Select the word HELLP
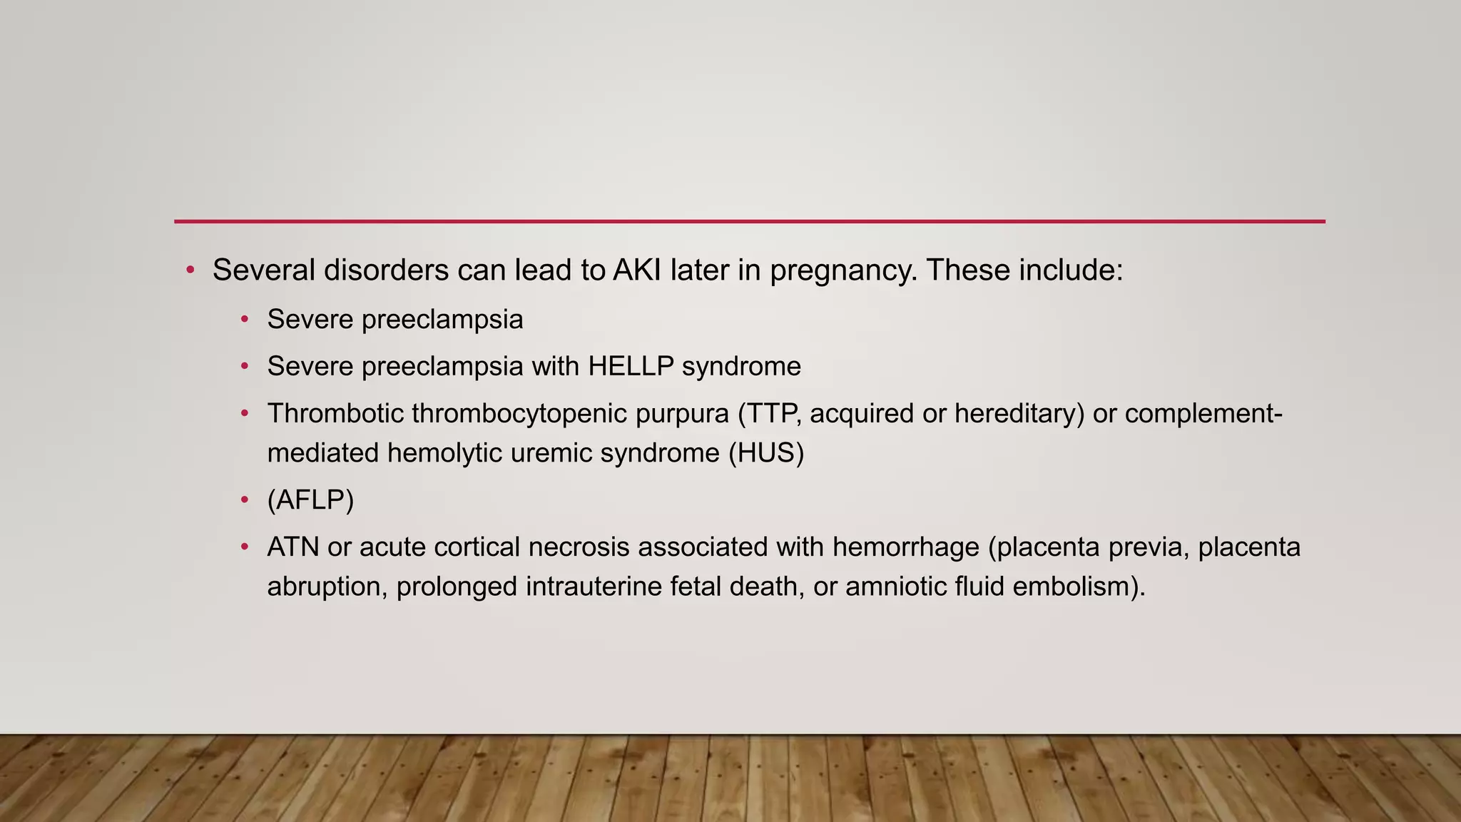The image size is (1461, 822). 631,366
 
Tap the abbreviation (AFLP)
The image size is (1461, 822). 310,499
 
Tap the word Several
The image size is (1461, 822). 263,270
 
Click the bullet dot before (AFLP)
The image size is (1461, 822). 245,499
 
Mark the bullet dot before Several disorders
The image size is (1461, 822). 190,270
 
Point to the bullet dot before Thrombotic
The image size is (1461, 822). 245,413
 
